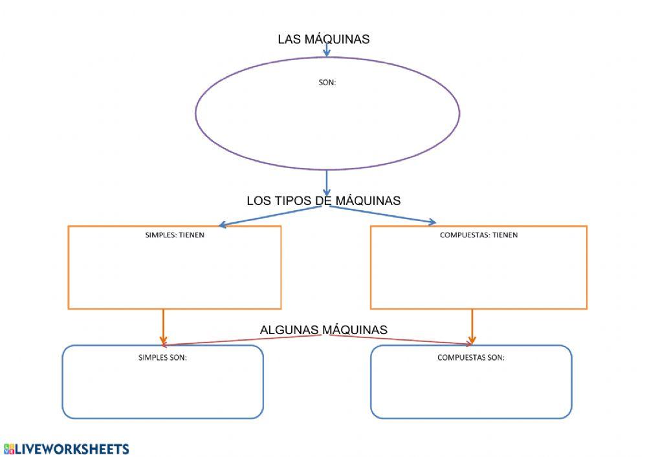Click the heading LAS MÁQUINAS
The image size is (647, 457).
click(x=323, y=39)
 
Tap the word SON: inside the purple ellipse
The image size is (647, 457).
click(x=327, y=83)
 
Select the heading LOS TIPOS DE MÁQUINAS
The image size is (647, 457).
click(x=323, y=200)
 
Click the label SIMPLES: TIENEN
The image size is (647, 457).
click(x=175, y=235)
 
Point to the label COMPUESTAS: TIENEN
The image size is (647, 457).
click(x=479, y=235)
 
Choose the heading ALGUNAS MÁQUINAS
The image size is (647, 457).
click(x=323, y=330)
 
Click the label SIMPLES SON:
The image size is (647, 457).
click(x=163, y=357)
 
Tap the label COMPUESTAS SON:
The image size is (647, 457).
click(x=471, y=357)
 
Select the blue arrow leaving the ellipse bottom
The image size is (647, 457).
click(x=327, y=182)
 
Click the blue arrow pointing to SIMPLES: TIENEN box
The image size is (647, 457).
click(x=272, y=216)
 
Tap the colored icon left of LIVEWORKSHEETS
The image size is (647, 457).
click(x=8, y=449)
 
